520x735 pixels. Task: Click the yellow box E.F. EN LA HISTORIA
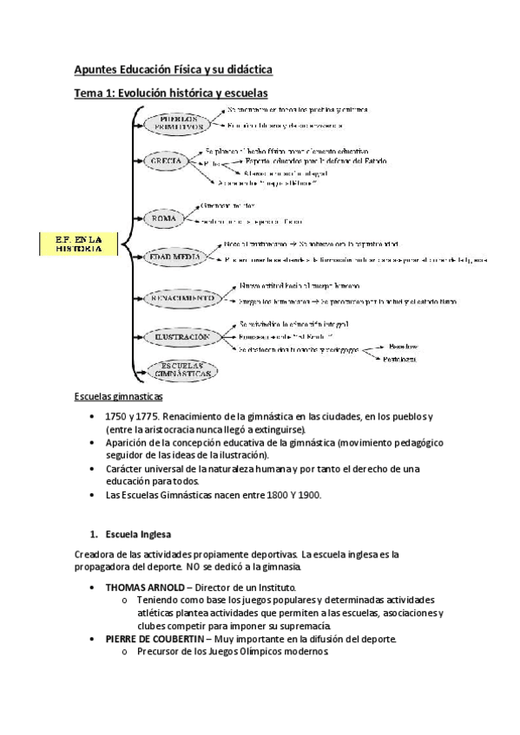click(x=79, y=244)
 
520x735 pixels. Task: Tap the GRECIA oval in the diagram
click(x=166, y=162)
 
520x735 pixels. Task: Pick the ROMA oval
click(x=164, y=218)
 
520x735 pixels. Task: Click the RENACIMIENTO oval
click(x=181, y=298)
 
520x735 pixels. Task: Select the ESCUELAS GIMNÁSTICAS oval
click(x=182, y=370)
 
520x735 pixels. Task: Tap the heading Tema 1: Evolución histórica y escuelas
click(x=171, y=92)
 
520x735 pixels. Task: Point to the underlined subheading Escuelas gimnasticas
click(x=117, y=397)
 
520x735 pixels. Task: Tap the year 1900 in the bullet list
click(x=306, y=495)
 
